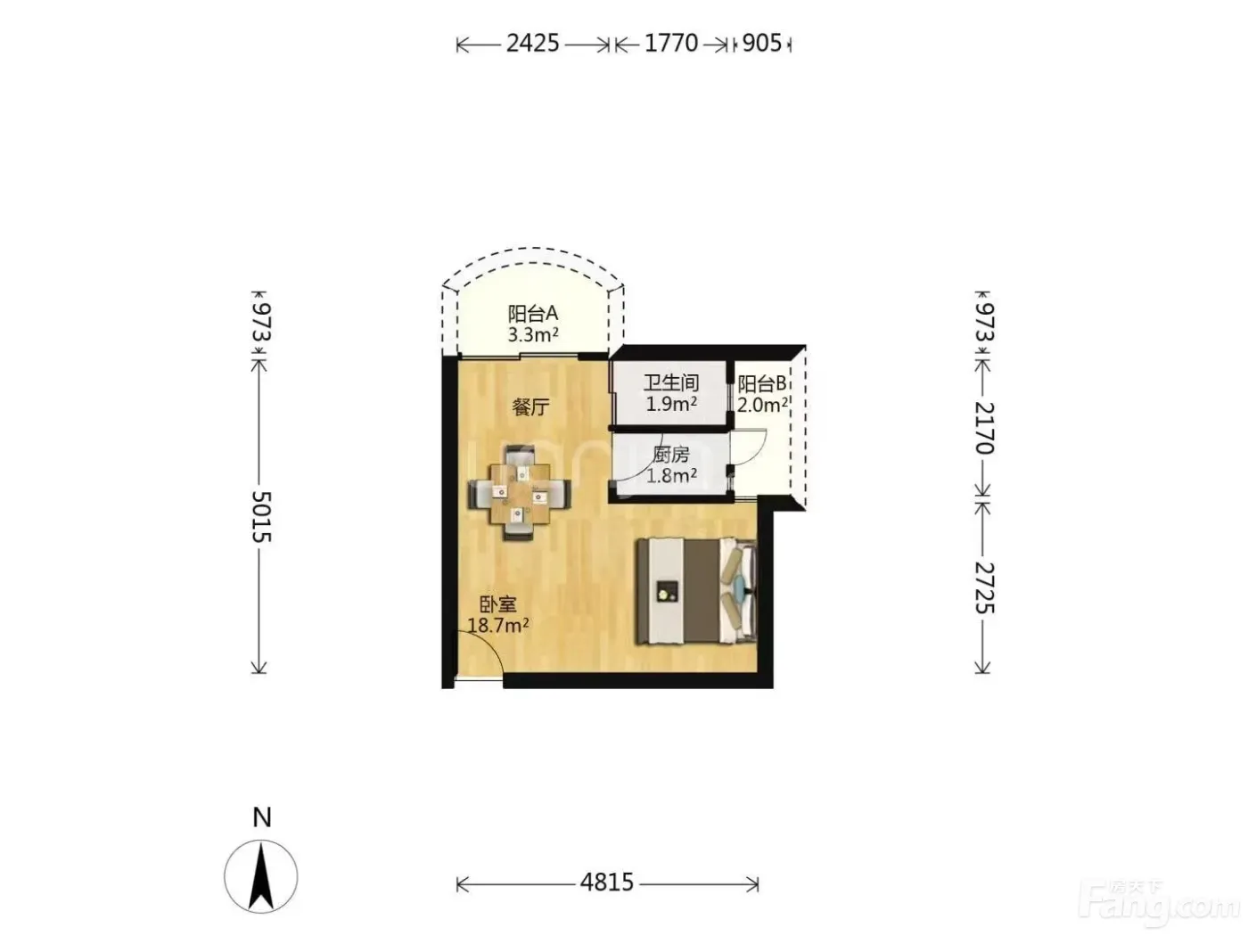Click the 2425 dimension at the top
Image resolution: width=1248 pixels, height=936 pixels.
(533, 43)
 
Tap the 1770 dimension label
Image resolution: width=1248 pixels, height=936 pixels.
(671, 43)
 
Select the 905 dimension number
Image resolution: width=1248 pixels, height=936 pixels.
(762, 43)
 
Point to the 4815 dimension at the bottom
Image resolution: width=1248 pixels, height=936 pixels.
(607, 882)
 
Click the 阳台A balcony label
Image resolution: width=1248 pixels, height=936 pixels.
(533, 313)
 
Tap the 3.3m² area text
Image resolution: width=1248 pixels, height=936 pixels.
(533, 335)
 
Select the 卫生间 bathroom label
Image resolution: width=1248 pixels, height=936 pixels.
(671, 382)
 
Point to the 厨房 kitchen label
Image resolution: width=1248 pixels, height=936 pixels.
(671, 454)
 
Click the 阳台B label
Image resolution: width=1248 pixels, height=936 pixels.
(762, 384)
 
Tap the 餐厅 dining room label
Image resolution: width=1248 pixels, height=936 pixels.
(530, 406)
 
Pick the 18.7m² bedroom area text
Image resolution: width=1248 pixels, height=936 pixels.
(498, 625)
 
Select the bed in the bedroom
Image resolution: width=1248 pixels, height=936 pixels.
(696, 591)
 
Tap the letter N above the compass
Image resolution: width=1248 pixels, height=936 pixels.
(261, 817)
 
